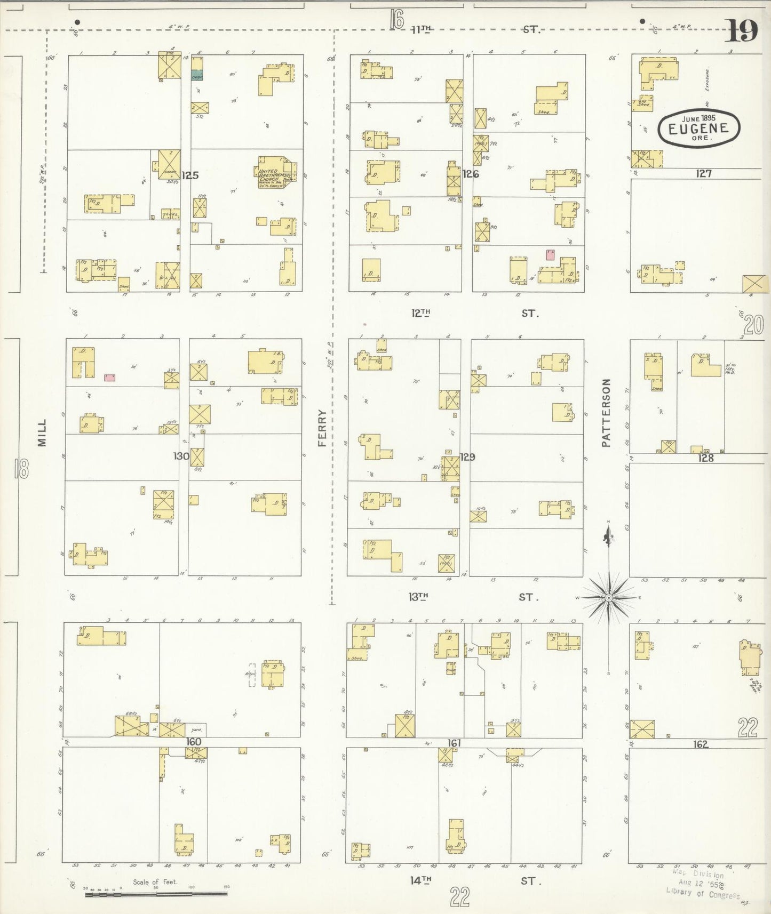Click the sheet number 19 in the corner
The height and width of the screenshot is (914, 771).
coord(741,31)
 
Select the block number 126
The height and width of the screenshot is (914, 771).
coord(471,174)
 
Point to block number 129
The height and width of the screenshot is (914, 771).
coord(467,457)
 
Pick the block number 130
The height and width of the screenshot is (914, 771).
coord(181,456)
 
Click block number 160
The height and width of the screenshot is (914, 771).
coord(193,742)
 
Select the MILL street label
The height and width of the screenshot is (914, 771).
coord(42,432)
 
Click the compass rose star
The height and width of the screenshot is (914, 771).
coord(609,598)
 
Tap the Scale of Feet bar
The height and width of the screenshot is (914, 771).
coord(156,894)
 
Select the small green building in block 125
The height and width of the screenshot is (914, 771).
coord(197,75)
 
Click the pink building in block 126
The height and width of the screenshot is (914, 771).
coord(550,254)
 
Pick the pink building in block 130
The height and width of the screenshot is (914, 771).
coord(109,378)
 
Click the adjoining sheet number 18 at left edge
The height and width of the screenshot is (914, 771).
coord(22,469)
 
